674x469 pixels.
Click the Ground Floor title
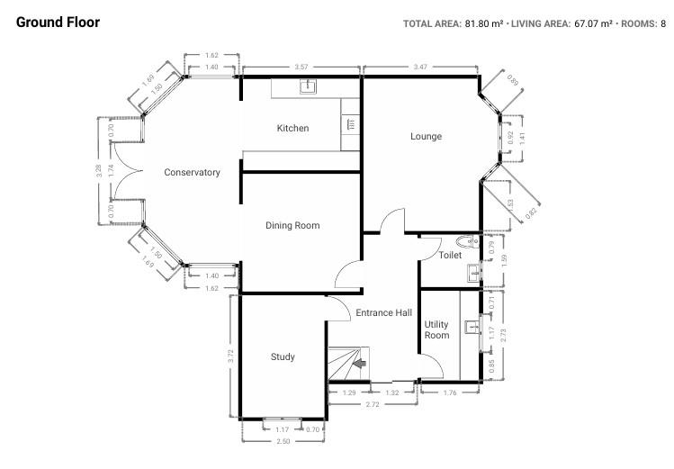point(58,22)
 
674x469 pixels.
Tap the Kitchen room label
point(292,129)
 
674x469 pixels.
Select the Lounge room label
point(426,137)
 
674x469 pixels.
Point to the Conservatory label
point(192,173)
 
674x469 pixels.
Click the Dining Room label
point(292,226)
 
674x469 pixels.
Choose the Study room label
point(283,357)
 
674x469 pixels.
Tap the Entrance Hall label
point(383,313)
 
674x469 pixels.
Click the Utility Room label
point(436,329)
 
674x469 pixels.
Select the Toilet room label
point(450,256)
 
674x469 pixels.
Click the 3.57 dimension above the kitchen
point(301,68)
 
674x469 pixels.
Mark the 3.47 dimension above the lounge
point(420,68)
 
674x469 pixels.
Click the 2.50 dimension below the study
point(283,441)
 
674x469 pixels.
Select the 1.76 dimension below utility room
point(450,393)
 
